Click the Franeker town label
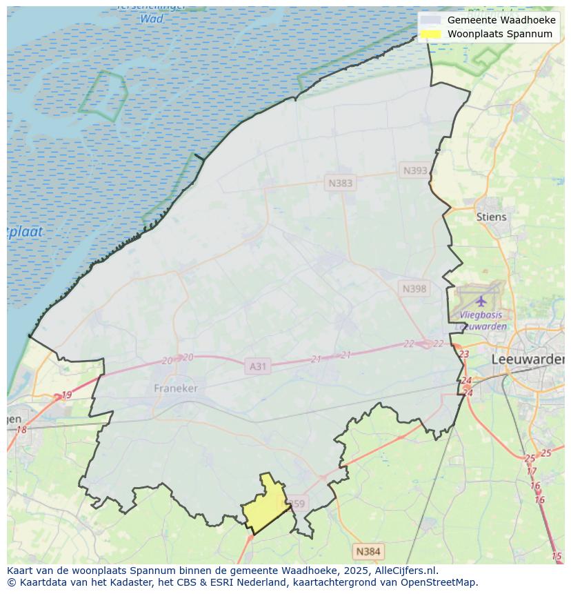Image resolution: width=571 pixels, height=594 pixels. [175, 388]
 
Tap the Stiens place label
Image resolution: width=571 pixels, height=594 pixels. [491, 217]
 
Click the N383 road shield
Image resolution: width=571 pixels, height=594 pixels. [340, 183]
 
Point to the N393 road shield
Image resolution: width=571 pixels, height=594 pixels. [415, 170]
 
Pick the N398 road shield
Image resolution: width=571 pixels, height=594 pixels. [414, 288]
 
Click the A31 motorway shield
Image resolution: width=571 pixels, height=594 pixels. [257, 366]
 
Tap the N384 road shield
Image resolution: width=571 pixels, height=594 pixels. [368, 551]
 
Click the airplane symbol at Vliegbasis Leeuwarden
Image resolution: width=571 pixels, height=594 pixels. [481, 301]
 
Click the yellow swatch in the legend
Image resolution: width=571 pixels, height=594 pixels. [430, 34]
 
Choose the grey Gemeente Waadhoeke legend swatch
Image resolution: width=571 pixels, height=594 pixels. [430, 20]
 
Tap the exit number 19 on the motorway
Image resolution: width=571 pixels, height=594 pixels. [66, 395]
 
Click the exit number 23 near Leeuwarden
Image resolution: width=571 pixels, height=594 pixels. [463, 354]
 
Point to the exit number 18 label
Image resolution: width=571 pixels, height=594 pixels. [21, 430]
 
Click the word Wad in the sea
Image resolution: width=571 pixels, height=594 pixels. [152, 19]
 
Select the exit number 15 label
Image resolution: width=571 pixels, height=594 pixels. [557, 556]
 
